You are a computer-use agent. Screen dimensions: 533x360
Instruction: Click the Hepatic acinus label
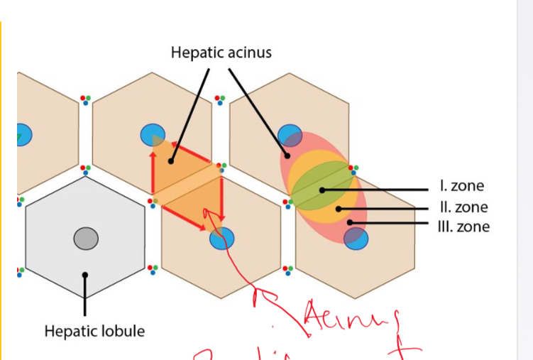pos(221,53)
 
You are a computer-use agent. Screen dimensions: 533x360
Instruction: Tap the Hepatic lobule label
pos(94,331)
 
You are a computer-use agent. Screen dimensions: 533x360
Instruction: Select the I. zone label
pos(462,186)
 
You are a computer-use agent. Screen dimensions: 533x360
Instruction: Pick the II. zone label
pos(464,207)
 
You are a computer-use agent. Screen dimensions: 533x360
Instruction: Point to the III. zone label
pos(465,227)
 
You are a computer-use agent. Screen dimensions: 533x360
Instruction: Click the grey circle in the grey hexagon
pos(86,238)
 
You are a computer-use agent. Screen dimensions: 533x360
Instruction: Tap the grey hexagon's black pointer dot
pos(85,275)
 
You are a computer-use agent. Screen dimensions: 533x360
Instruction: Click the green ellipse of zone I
pos(321,185)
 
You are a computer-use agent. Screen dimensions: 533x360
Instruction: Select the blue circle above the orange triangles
pos(153,133)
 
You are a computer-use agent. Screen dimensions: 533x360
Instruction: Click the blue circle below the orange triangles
pos(221,239)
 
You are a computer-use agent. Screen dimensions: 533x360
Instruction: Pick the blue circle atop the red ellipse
pos(290,135)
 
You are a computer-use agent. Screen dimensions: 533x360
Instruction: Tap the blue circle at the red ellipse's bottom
pos(356,238)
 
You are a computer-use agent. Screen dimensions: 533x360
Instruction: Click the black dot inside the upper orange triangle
pos(170,162)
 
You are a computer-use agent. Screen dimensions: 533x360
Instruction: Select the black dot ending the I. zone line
pos(322,190)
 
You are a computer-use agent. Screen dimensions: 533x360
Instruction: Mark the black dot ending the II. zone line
pos(339,209)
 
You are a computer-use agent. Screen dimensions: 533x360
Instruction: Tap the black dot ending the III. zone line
pos(349,223)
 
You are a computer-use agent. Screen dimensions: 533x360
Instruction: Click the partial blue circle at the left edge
pos(23,133)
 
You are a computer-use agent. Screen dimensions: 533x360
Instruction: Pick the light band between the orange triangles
pos(188,185)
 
